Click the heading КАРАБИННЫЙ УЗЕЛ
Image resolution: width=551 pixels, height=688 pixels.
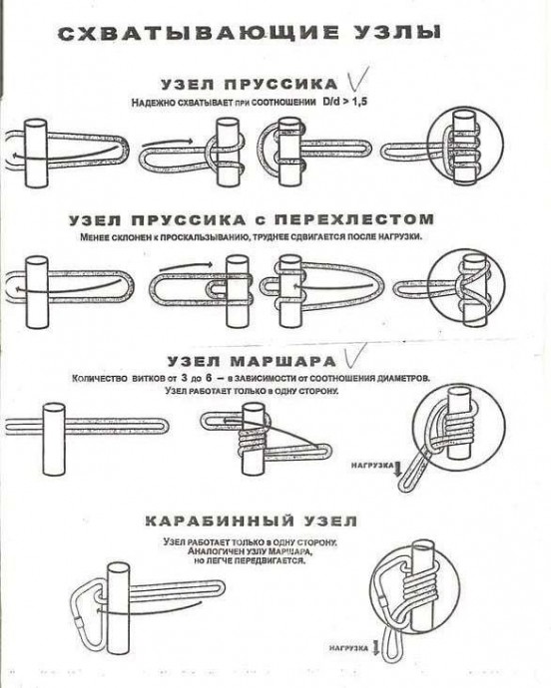pos(251,520)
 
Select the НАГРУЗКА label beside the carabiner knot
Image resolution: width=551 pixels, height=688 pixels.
pos(350,648)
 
